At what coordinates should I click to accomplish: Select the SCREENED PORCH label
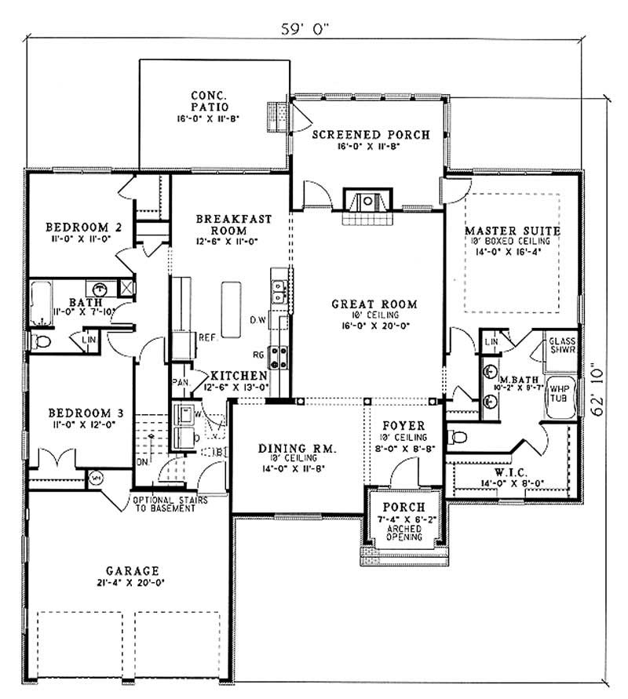click(371, 134)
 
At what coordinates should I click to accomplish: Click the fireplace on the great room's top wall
click(367, 200)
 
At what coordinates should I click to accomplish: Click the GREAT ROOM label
click(374, 304)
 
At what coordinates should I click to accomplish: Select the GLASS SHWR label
click(562, 346)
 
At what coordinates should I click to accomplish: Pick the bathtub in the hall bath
click(43, 304)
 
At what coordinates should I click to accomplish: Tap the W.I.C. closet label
click(515, 474)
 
